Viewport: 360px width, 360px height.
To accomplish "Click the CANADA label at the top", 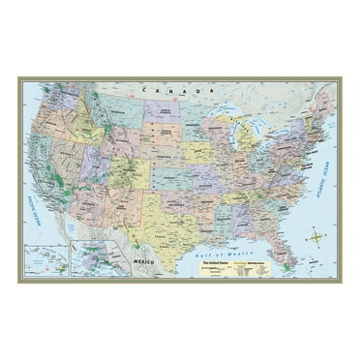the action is tap(162, 89).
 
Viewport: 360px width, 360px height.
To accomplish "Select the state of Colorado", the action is tap(134, 175).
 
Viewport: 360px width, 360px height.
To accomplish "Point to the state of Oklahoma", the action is tap(184, 201).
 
